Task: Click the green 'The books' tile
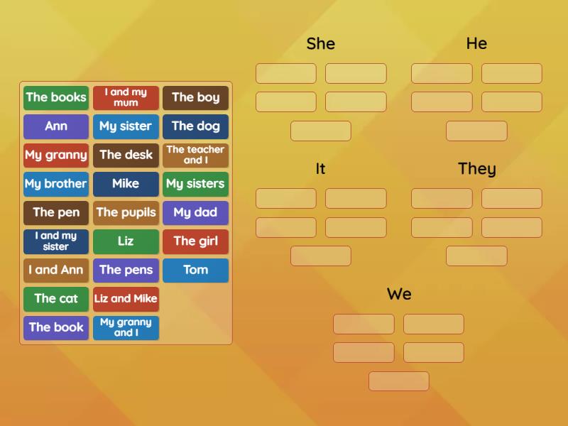click(x=56, y=98)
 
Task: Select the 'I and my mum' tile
click(x=126, y=98)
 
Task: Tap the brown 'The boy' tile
click(x=195, y=98)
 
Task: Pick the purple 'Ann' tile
click(x=56, y=126)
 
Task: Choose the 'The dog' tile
click(x=195, y=126)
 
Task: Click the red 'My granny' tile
click(x=56, y=155)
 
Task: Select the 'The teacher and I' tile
click(x=195, y=155)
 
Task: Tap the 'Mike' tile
click(x=126, y=184)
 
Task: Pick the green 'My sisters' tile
click(x=195, y=184)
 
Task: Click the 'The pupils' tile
click(x=126, y=213)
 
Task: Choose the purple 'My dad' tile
click(x=195, y=213)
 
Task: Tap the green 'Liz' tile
click(x=126, y=241)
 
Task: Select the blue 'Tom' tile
click(x=195, y=271)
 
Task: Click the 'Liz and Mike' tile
click(x=126, y=299)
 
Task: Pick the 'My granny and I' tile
click(x=126, y=328)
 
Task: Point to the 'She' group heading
click(x=320, y=44)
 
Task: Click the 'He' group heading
click(x=476, y=44)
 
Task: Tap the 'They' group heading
click(x=476, y=169)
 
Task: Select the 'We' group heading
click(x=399, y=294)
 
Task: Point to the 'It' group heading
click(x=320, y=169)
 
